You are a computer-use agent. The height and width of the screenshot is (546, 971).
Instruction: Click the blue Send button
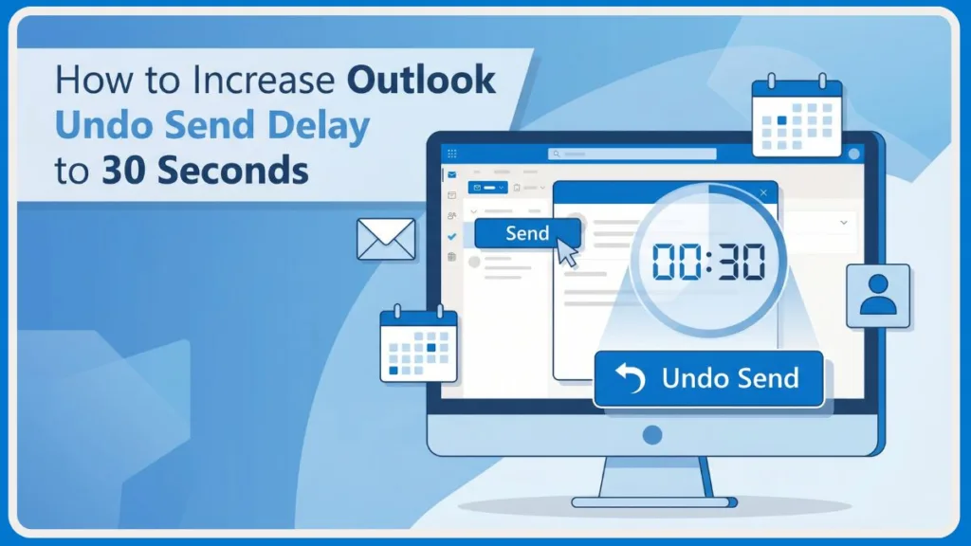pyautogui.click(x=527, y=233)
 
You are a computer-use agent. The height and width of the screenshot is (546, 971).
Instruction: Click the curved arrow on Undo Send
pyautogui.click(x=630, y=378)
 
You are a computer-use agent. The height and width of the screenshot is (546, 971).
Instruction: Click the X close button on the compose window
pyautogui.click(x=763, y=192)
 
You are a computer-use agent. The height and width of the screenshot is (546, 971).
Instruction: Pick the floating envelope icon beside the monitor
pyautogui.click(x=386, y=238)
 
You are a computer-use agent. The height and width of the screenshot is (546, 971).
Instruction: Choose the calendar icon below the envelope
pyautogui.click(x=418, y=344)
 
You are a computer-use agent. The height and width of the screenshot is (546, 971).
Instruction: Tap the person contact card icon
pyautogui.click(x=877, y=296)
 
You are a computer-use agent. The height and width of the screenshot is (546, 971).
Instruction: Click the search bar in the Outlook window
pyautogui.click(x=632, y=154)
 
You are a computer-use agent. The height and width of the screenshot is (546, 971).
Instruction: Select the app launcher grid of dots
pyautogui.click(x=451, y=154)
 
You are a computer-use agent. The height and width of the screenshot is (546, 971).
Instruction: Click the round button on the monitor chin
pyautogui.click(x=651, y=435)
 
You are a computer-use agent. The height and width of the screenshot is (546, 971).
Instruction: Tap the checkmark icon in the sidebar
pyautogui.click(x=451, y=237)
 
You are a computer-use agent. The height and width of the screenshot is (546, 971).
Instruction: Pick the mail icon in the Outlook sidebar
pyautogui.click(x=452, y=174)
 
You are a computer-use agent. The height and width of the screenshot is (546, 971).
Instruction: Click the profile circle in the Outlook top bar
pyautogui.click(x=854, y=154)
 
